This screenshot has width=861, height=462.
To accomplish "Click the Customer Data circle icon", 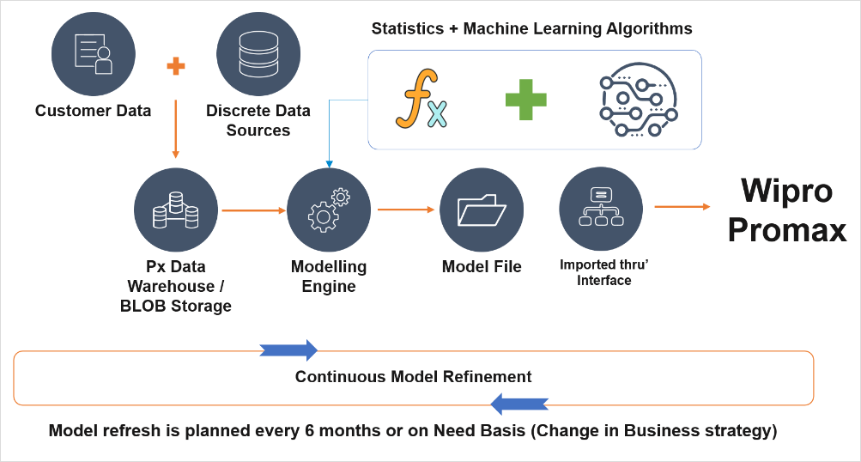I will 94,54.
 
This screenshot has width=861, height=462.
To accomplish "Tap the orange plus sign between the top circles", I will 176,66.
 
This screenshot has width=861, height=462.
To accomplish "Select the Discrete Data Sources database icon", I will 258,54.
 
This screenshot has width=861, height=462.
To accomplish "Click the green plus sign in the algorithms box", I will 525,100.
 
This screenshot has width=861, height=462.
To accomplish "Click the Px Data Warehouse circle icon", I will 176,210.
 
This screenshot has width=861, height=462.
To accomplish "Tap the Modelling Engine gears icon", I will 329,210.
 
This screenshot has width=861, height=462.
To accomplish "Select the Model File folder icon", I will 482,210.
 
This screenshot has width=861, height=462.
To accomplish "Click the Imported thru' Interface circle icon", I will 601,210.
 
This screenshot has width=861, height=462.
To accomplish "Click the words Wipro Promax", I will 786,210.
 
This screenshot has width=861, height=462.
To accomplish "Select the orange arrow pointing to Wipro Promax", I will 682,206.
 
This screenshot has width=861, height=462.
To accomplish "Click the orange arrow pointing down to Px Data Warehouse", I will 176,129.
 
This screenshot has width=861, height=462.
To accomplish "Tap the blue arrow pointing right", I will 288,350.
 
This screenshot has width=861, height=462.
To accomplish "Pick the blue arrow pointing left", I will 519,403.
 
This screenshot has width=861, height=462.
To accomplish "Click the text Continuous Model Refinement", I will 413,377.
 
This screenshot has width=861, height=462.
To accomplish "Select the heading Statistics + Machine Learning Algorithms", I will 531,28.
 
